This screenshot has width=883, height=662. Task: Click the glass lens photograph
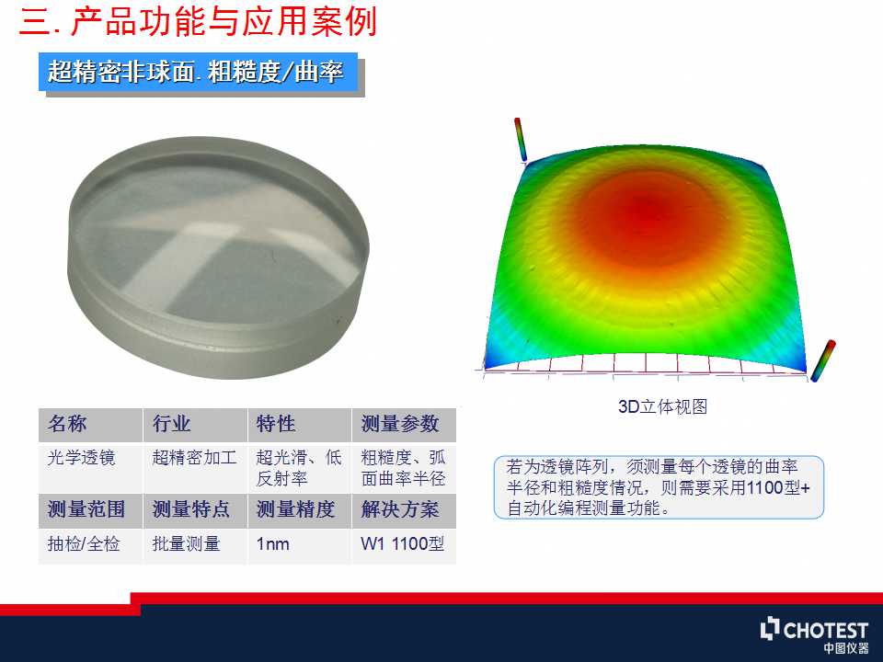point(219,257)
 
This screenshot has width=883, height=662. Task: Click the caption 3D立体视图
point(662,405)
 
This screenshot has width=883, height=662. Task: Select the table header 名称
point(67,424)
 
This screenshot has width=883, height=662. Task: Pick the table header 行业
point(171,424)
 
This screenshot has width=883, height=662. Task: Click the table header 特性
point(276,424)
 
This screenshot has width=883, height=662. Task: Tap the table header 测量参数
point(400,424)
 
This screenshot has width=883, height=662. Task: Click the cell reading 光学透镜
point(82,458)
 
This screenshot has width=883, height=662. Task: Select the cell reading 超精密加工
point(194,458)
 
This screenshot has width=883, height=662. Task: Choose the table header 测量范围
point(86,509)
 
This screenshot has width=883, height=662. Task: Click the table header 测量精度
point(295,509)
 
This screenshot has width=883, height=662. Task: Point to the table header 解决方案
point(400,509)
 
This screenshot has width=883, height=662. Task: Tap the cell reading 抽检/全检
point(84,543)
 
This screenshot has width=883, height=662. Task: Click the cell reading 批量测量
point(186,543)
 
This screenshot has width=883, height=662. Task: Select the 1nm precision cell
point(272,544)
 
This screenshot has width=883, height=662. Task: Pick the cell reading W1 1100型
point(403,543)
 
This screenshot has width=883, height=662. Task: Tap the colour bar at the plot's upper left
point(521,139)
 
